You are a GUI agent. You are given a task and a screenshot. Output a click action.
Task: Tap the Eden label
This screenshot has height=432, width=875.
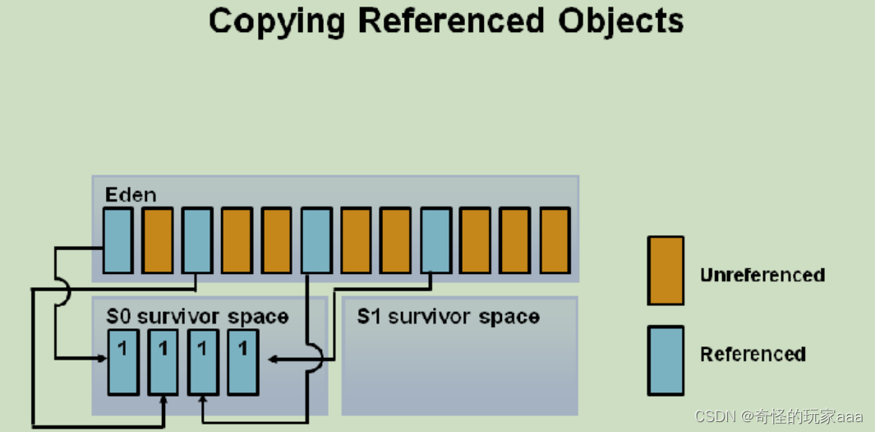tap(130, 195)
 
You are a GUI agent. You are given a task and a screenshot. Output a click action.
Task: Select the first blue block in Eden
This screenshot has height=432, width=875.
tap(117, 239)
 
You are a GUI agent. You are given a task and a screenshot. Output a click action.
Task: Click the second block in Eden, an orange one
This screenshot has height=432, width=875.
tap(158, 239)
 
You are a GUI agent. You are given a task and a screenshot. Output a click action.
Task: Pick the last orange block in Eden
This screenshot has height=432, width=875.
tap(555, 239)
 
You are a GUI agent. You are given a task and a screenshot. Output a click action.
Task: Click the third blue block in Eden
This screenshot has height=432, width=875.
tap(316, 239)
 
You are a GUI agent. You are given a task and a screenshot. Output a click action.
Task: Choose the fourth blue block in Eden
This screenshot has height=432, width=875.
tap(435, 239)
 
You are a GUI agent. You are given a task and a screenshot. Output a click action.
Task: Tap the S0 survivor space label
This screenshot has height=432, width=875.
tap(197, 317)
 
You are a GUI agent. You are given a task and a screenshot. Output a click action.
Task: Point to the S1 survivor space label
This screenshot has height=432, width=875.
tap(448, 317)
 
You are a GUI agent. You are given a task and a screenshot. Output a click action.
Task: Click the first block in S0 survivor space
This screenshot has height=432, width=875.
tap(123, 362)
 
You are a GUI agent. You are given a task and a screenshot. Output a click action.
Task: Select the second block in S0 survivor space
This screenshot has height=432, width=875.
tap(163, 362)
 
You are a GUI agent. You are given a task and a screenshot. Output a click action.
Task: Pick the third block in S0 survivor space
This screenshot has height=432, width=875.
tap(203, 362)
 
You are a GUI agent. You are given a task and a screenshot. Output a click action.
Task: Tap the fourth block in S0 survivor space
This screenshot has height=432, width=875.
tap(242, 362)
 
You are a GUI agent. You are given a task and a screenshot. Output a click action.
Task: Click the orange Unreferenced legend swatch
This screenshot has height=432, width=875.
tap(665, 272)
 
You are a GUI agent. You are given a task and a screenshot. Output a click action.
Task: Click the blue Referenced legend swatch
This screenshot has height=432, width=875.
tap(665, 360)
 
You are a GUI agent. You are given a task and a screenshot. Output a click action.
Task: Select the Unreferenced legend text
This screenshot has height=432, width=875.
tap(762, 275)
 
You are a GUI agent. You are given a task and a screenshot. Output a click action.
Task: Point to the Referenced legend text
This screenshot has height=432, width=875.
tap(753, 355)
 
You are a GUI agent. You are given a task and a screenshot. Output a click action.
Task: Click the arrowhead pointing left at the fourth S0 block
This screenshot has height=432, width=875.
tap(274, 359)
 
